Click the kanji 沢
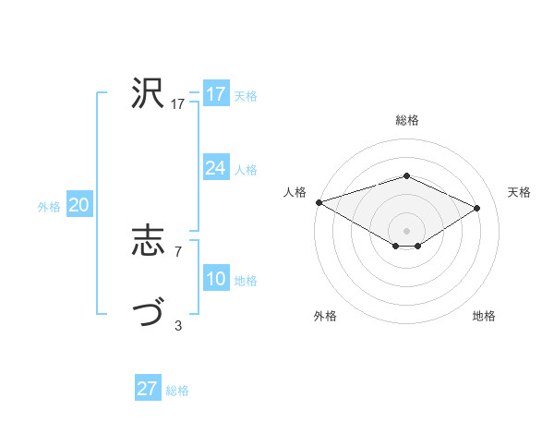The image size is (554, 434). [148, 93]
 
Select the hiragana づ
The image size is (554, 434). [148, 315]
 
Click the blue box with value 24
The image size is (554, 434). [215, 168]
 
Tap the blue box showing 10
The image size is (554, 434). [215, 279]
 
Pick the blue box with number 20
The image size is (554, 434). [78, 205]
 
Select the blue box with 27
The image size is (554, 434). [148, 389]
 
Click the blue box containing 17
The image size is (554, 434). [215, 93]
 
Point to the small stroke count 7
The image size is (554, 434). [177, 251]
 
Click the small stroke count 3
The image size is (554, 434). [177, 325]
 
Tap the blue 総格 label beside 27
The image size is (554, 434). [177, 391]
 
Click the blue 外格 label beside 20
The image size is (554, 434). [49, 207]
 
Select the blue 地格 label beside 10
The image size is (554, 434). [246, 281]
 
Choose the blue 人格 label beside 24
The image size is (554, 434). [246, 170]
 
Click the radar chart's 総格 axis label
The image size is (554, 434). [406, 120]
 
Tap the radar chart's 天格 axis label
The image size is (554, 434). [519, 192]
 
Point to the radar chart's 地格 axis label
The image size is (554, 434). [484, 316]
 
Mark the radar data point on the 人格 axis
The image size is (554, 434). [319, 201]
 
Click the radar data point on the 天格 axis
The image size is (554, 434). [476, 207]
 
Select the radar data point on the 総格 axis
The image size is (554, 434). [406, 175]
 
